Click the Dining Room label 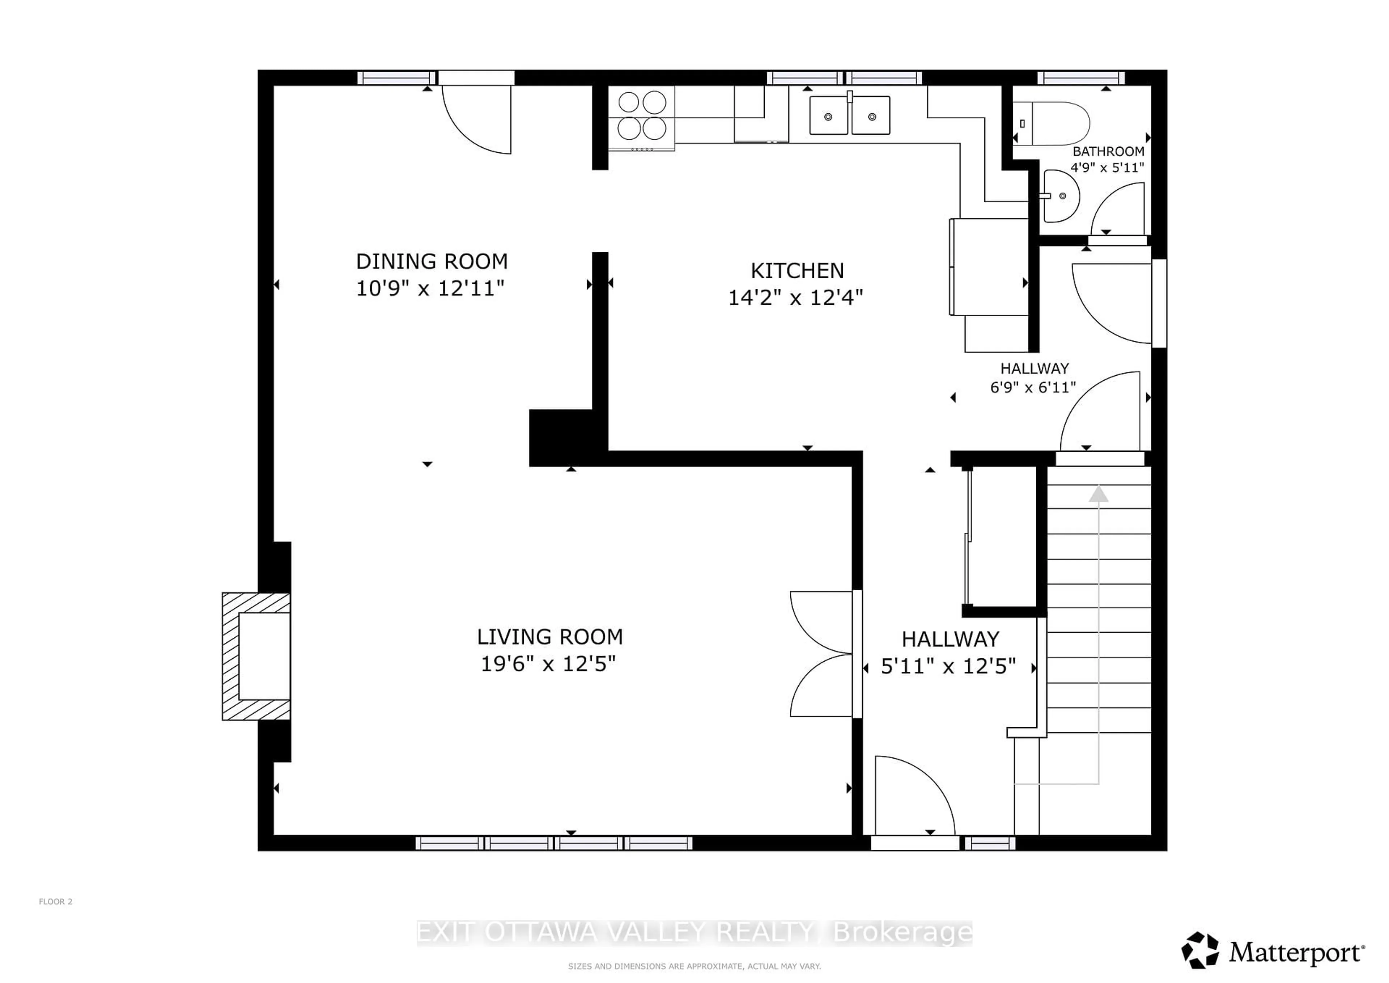431,261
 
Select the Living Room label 549,637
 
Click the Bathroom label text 1108,151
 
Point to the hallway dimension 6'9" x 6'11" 1033,387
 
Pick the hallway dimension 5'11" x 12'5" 948,666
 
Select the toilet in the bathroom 1055,123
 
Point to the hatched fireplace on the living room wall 256,656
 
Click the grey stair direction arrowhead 1099,494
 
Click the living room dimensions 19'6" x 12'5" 548,664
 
